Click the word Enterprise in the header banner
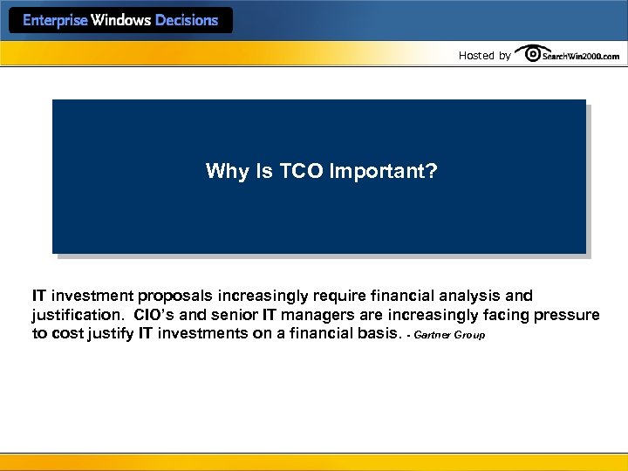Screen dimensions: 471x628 55,20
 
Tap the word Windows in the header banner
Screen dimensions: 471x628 121,20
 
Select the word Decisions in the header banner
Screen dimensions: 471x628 187,20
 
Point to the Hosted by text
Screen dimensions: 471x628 484,56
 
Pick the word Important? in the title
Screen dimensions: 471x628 384,171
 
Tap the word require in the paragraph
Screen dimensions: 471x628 337,297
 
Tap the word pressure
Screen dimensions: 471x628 568,315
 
